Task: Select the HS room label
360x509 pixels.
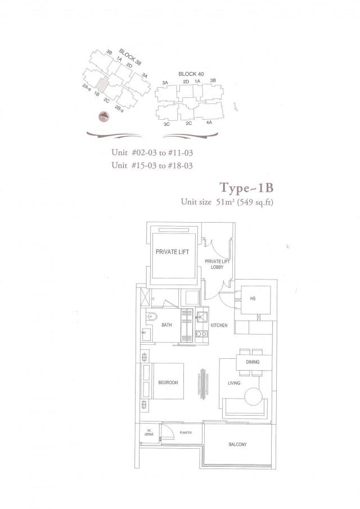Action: [x=253, y=299]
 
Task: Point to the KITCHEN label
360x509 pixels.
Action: [x=218, y=326]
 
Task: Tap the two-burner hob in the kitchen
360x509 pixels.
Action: [x=201, y=334]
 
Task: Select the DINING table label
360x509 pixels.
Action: [x=253, y=362]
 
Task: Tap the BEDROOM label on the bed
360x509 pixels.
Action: [x=168, y=382]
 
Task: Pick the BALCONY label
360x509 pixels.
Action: [x=237, y=445]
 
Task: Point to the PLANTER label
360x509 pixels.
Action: [x=186, y=433]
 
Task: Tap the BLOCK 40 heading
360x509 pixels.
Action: [x=190, y=74]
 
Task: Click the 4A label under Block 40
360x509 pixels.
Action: [x=209, y=123]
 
